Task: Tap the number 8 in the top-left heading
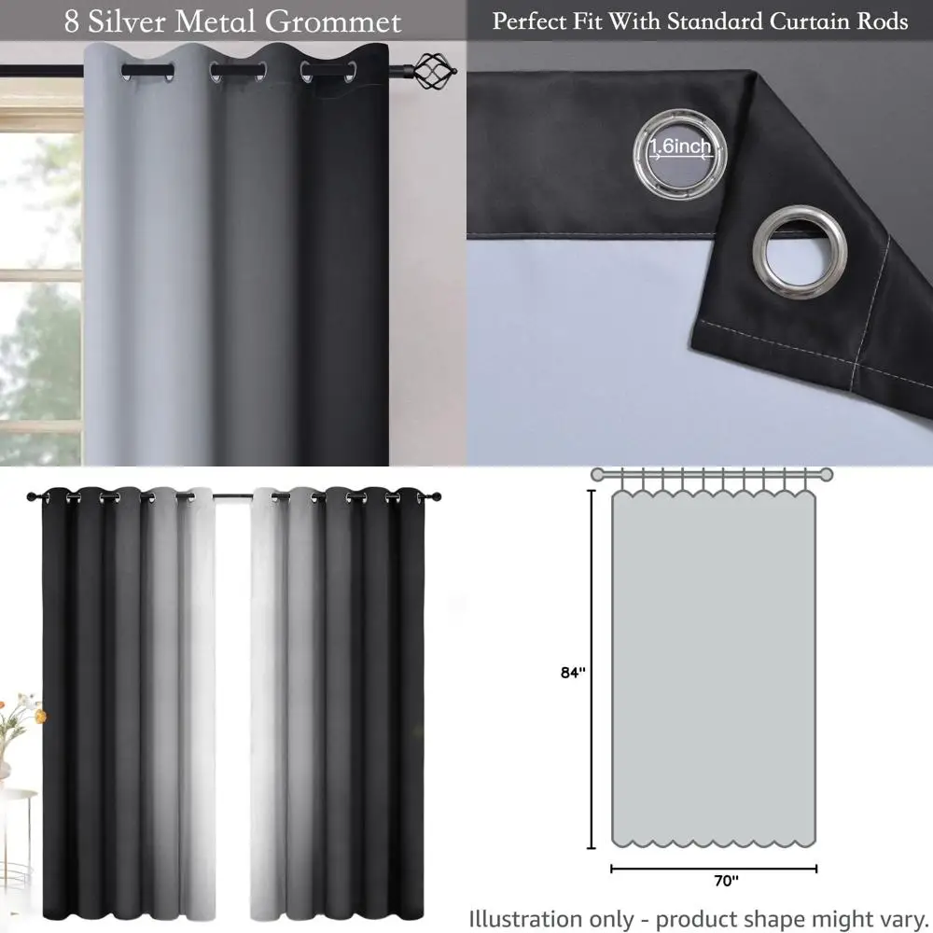pos(72,21)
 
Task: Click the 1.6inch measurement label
pos(680,146)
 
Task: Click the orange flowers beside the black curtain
pos(23,712)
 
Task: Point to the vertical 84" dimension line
pos(591,672)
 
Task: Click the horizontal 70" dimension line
pos(714,869)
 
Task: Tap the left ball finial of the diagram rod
pos(597,474)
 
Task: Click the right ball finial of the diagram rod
pos(827,474)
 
